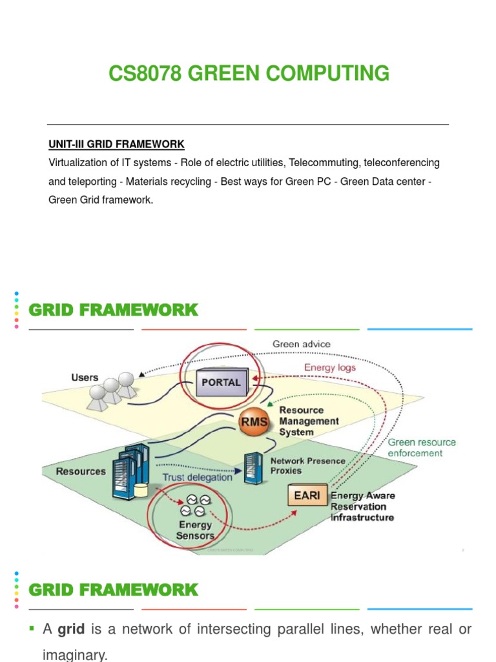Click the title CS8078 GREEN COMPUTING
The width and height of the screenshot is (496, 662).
[249, 74]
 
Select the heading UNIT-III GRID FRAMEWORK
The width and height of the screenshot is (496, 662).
[116, 144]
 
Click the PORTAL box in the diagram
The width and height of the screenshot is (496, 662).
[221, 382]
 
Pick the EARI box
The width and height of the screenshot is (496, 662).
[307, 496]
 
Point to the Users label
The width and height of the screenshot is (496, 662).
[85, 377]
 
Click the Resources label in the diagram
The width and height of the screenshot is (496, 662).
[81, 471]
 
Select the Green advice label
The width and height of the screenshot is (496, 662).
[301, 344]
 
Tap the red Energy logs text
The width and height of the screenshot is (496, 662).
[330, 367]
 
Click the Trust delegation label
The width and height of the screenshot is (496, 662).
[197, 477]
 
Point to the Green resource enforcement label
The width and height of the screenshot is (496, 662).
[422, 447]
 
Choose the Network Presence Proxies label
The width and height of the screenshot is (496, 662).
[307, 465]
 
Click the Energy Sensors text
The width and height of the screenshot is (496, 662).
[195, 530]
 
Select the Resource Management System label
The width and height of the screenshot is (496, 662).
[309, 421]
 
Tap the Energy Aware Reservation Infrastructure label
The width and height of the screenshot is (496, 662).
[362, 506]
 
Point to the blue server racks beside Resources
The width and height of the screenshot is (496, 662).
[129, 470]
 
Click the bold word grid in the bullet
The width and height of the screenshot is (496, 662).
[71, 629]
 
